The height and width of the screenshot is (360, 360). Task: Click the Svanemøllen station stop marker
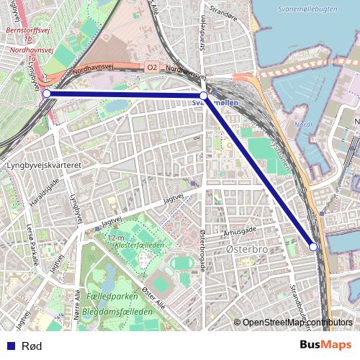(x=204, y=95)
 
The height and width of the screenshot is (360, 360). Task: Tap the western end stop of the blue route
(x=46, y=94)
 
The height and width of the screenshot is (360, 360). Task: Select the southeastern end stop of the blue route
(x=313, y=246)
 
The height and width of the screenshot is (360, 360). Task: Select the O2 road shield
(x=151, y=67)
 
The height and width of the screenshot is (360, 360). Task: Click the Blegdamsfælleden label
(x=117, y=312)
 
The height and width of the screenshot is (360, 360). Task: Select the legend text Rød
(x=32, y=346)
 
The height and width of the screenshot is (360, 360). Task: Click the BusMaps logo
(x=326, y=346)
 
